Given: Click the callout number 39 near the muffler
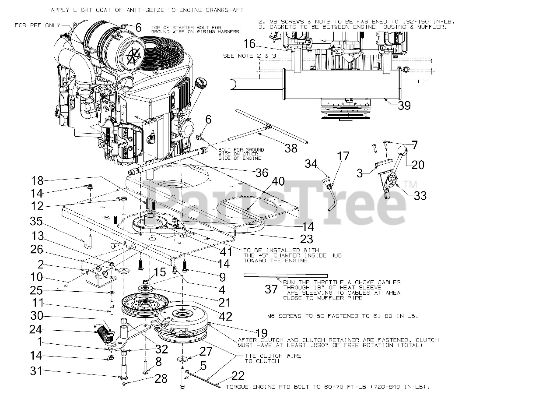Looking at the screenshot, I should point(404,105).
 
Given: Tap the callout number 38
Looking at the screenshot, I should point(291,148).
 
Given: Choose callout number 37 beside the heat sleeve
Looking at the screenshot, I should point(271,289).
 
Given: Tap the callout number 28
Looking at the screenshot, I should point(161,378).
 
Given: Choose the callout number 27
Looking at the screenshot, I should point(206,351).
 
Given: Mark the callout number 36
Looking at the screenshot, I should point(262,173).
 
